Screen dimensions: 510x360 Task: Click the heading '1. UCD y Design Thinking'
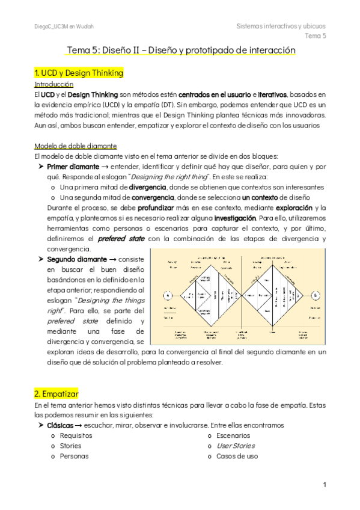point(79,73)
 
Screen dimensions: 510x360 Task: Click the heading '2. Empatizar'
point(56,393)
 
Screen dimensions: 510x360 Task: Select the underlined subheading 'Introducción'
point(55,85)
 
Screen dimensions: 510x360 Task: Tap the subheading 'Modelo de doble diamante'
point(76,146)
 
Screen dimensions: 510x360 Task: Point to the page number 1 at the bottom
point(324,485)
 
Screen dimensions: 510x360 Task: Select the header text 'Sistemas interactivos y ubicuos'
point(281,26)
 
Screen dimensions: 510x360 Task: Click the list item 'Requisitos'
point(76,435)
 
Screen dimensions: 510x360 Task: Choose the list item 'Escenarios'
point(233,435)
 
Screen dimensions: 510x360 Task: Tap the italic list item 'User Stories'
point(235,446)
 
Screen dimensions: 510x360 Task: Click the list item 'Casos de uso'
point(237,456)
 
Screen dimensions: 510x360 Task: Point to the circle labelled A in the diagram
point(167,295)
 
